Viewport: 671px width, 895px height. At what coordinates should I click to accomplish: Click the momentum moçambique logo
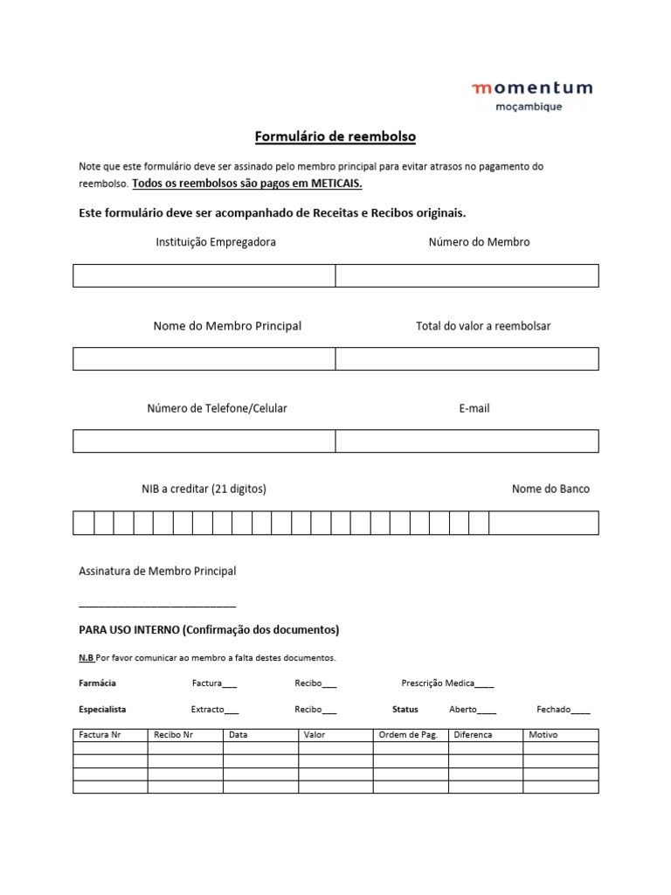531,95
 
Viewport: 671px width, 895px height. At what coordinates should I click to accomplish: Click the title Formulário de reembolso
335,136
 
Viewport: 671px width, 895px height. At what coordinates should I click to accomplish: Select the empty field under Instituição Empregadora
204,275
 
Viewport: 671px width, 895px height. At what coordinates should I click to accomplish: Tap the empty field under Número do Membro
467,275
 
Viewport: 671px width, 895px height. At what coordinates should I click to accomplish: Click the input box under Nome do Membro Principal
204,358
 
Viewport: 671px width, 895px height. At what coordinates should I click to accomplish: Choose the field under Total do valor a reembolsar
467,358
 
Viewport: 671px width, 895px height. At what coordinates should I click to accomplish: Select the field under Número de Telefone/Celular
204,441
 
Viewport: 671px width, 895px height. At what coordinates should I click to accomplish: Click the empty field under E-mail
467,441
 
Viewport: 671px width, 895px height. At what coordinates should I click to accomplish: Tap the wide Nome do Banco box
543,523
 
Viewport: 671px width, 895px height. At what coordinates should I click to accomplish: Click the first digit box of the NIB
83,523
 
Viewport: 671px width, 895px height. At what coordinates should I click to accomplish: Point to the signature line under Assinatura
157,602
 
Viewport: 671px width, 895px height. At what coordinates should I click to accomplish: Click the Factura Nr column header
100,735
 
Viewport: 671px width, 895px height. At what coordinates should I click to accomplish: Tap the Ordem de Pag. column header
408,735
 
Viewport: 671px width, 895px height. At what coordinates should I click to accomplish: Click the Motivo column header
543,735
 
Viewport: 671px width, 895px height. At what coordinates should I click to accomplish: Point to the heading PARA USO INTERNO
209,630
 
